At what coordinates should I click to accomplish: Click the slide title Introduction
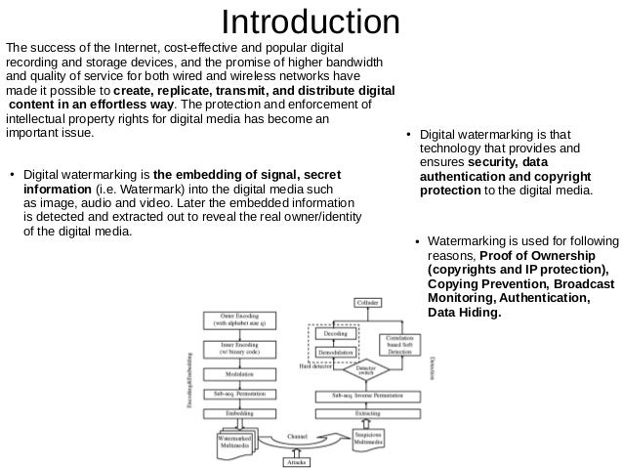[311, 21]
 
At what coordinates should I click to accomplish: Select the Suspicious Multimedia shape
[367, 439]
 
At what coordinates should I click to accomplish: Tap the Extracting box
[367, 413]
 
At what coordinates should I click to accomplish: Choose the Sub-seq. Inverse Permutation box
[367, 395]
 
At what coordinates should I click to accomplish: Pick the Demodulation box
[335, 351]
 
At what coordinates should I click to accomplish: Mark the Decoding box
[335, 332]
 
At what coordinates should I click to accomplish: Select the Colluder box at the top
[367, 304]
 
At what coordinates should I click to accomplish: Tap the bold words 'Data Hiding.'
[465, 313]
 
